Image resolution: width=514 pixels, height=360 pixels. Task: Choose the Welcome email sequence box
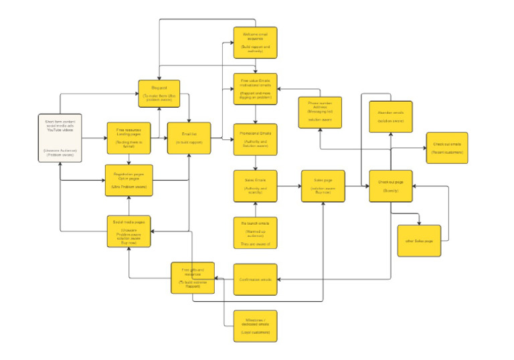click(x=255, y=42)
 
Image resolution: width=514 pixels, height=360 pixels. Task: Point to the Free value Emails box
click(x=255, y=89)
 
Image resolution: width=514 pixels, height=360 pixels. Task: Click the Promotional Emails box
click(x=255, y=139)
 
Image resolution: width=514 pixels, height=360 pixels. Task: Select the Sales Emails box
click(x=255, y=186)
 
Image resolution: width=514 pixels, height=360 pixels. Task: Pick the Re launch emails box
click(x=255, y=232)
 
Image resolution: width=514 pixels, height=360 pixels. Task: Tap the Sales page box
click(x=323, y=186)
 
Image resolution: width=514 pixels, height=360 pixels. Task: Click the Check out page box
click(x=391, y=186)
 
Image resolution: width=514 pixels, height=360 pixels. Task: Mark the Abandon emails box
click(x=391, y=114)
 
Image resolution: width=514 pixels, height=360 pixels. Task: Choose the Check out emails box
click(x=447, y=148)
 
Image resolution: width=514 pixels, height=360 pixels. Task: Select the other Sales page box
click(x=419, y=240)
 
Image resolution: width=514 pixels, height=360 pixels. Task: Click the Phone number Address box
click(x=320, y=112)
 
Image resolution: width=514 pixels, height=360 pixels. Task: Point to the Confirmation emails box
click(x=255, y=279)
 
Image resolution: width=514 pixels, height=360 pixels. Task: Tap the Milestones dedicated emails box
click(x=255, y=325)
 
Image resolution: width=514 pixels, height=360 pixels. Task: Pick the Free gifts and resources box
click(x=192, y=278)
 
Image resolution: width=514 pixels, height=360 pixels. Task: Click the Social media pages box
click(x=129, y=232)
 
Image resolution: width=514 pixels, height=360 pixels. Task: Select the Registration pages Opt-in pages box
click(x=129, y=180)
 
